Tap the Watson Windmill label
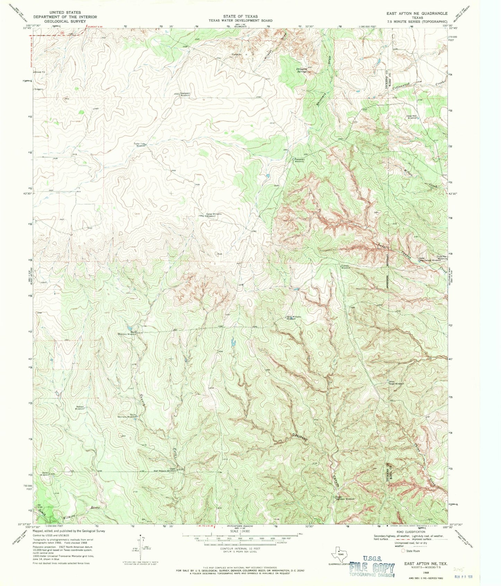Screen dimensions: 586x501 click(x=80, y=408)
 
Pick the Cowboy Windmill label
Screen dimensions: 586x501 click(x=346, y=267)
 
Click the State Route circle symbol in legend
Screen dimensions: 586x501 click(x=403, y=550)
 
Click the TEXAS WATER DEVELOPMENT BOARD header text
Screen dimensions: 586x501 click(x=240, y=20)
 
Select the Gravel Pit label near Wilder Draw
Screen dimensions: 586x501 click(x=237, y=54)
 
